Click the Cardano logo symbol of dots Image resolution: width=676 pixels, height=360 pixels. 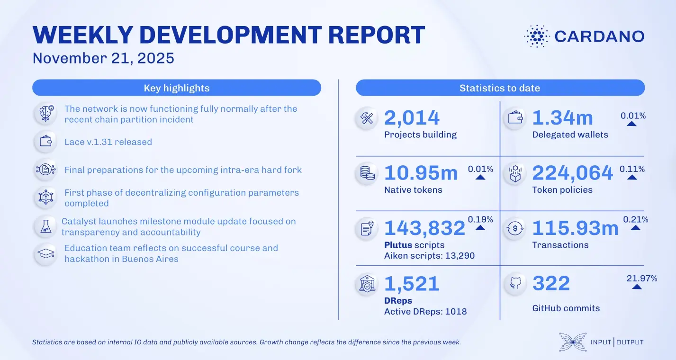coord(536,36)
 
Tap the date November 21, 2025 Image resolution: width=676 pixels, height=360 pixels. coord(103,58)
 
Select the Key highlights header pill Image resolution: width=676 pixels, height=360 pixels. coord(176,88)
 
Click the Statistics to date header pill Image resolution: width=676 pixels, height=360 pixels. coord(500,88)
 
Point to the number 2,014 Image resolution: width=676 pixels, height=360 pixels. coord(412,118)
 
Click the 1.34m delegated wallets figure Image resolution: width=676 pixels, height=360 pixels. coord(563,118)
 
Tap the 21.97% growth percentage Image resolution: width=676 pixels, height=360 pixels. coord(642,279)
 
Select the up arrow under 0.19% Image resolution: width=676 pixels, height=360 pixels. coord(480,228)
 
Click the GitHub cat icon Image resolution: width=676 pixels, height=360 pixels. coord(515,284)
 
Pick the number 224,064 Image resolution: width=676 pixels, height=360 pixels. coord(572,173)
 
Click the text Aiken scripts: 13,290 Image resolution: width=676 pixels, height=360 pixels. coord(429,256)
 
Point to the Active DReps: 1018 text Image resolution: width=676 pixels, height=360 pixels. coord(425,311)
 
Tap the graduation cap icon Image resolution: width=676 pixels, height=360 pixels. coord(46,254)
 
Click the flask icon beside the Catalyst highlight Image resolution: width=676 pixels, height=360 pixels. coord(46,227)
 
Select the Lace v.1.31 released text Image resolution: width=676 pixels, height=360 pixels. coord(108,142)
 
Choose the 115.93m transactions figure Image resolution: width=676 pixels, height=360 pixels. coord(575,228)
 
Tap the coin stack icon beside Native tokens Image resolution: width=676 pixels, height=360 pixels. coord(367,173)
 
